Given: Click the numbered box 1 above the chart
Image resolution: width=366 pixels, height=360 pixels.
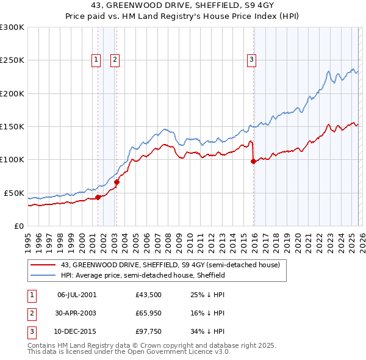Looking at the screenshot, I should pyautogui.click(x=96, y=59).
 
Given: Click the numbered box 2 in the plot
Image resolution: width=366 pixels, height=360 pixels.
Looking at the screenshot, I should pyautogui.click(x=115, y=59).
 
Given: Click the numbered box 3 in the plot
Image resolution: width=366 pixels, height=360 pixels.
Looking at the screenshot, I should pyautogui.click(x=251, y=59).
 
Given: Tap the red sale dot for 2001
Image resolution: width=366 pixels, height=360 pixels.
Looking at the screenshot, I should pyautogui.click(x=98, y=197).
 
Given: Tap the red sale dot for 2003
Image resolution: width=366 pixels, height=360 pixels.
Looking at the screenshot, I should pyautogui.click(x=117, y=182).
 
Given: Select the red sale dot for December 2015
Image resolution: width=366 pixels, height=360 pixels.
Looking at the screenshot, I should pyautogui.click(x=253, y=161).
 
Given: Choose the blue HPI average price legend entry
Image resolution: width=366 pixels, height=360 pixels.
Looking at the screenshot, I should pyautogui.click(x=143, y=275).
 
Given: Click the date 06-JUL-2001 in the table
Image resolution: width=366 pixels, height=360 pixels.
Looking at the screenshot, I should pyautogui.click(x=76, y=295).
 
